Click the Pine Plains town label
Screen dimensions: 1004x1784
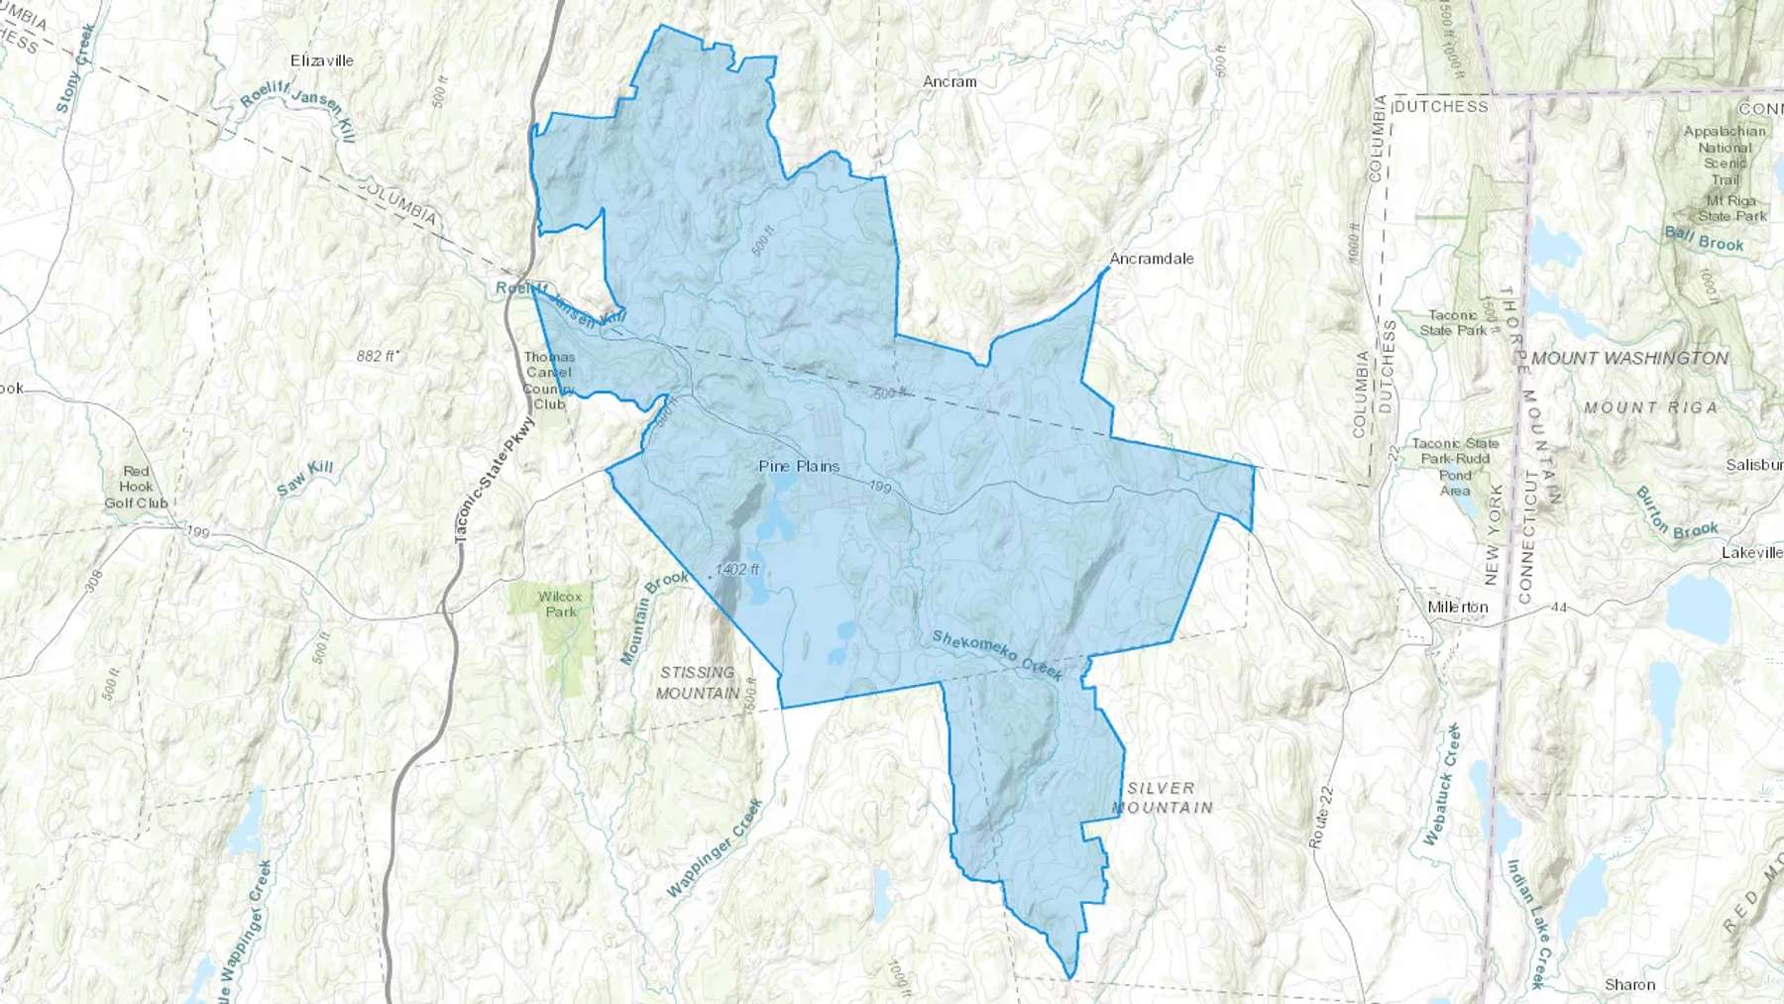799,466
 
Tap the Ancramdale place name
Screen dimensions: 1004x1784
1151,259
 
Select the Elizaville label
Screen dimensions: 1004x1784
322,60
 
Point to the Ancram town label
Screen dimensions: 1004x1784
949,82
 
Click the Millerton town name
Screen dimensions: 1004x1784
1458,607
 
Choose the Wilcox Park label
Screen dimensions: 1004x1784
560,604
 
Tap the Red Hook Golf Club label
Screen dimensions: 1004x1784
137,487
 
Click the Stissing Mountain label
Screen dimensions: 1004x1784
698,682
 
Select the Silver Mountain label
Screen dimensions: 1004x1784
1162,797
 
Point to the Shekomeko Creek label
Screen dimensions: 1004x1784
997,655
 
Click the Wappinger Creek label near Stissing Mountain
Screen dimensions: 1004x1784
714,848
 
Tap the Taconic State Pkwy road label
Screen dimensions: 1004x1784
494,479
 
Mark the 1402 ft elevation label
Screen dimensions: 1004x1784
737,569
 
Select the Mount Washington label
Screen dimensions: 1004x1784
1629,358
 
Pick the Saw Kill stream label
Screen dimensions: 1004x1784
305,477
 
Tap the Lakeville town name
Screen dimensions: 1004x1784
1751,552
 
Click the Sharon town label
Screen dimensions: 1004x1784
1629,984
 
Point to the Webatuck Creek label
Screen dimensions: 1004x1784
1443,784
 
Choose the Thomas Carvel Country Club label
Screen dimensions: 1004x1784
549,381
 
